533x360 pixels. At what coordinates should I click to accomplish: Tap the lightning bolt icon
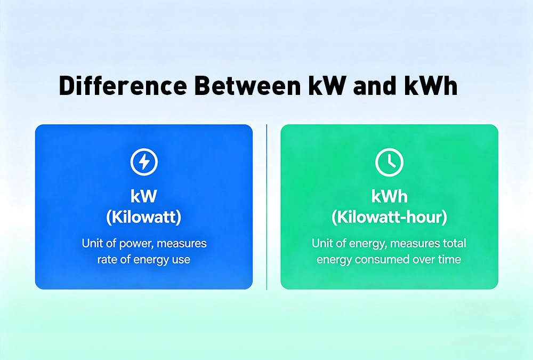point(144,162)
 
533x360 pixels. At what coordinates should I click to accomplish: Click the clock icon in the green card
point(389,162)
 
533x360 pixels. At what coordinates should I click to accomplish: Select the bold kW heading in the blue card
point(144,196)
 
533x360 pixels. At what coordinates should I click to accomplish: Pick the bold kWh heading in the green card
point(389,196)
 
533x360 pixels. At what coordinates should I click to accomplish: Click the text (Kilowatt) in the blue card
point(144,218)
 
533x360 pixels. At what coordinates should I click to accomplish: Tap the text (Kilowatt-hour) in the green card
point(389,218)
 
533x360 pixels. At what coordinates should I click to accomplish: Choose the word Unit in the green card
point(322,244)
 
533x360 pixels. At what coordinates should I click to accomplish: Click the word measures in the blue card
point(182,244)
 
